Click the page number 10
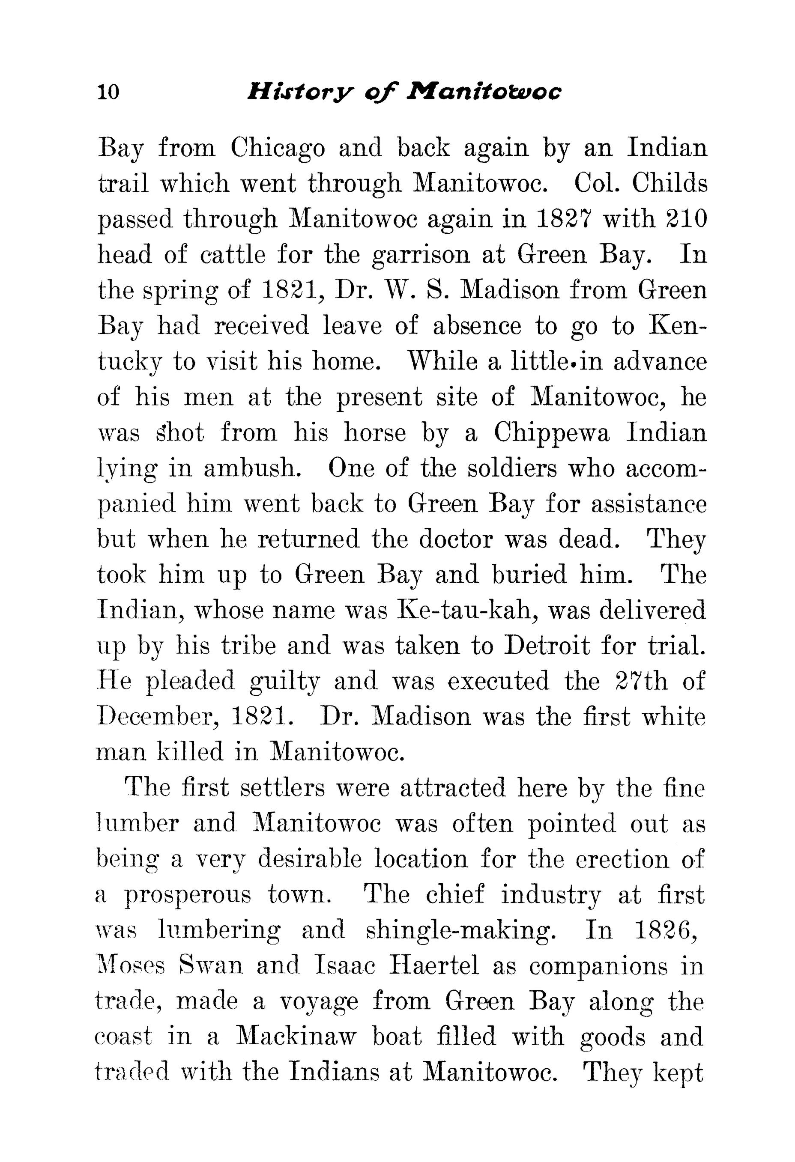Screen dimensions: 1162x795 tap(108, 92)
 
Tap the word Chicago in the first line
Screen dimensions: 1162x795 tap(278, 149)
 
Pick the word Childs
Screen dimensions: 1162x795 tap(669, 184)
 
